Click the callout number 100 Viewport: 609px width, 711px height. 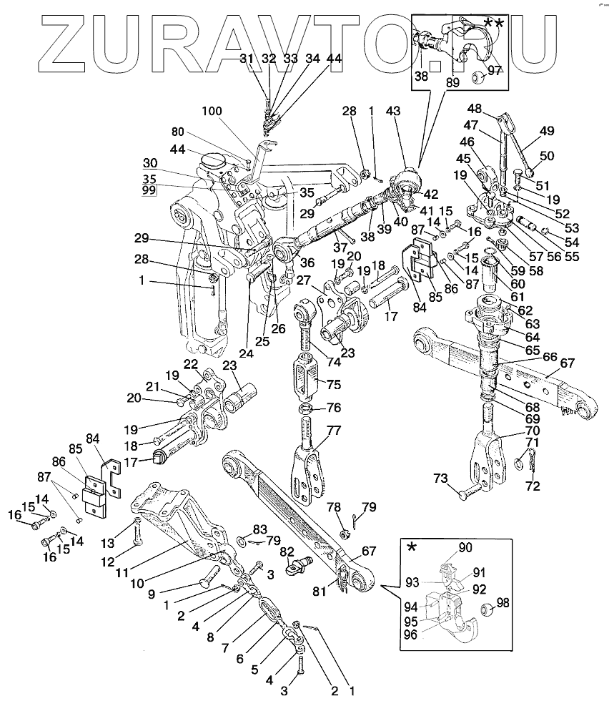click(212, 112)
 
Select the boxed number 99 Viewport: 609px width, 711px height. click(149, 191)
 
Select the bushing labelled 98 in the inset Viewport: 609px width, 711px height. click(487, 609)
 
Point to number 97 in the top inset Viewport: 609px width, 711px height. click(495, 69)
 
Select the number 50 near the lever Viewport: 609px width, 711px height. click(547, 156)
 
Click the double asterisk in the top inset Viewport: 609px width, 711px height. click(492, 23)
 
